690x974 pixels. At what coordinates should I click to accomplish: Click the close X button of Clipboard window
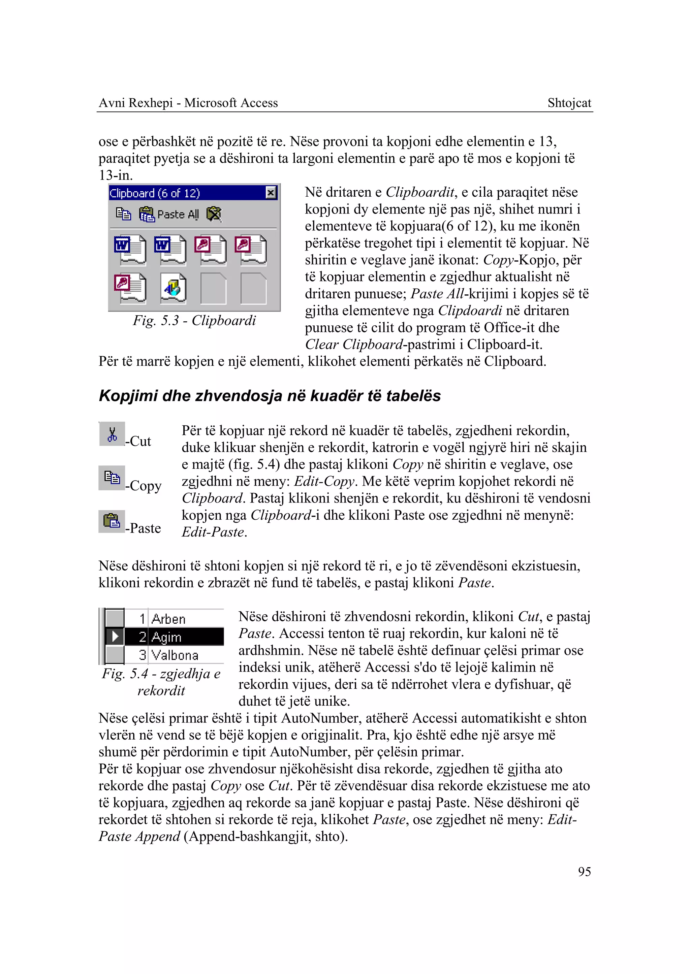[271, 193]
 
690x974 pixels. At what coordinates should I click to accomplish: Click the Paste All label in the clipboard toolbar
[178, 215]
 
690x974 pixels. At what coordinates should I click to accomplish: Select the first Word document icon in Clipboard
[130, 250]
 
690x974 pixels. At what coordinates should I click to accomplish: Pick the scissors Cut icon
[112, 434]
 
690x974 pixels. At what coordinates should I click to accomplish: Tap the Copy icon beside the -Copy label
[112, 478]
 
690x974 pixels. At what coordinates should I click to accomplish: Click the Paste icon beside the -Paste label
[112, 521]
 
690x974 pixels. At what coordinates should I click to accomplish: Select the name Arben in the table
[169, 619]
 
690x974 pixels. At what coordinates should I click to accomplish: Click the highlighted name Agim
[166, 637]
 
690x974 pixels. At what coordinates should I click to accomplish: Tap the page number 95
[584, 872]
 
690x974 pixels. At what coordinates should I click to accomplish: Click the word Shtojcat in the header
[569, 103]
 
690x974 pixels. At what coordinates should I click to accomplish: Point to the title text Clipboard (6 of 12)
[155, 193]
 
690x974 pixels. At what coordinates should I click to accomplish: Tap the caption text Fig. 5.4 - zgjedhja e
[161, 674]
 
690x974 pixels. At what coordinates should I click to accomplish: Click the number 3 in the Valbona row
[142, 655]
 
